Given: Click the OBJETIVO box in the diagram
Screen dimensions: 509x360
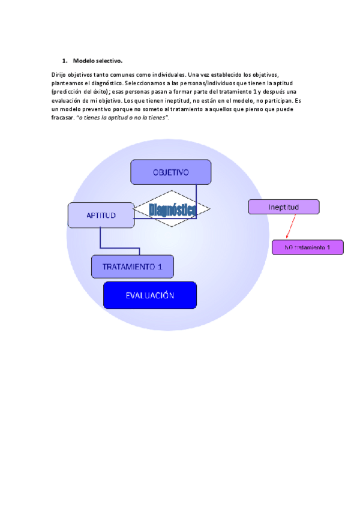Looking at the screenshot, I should (x=170, y=172).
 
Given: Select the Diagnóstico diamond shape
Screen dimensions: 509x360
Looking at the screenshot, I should (x=172, y=209).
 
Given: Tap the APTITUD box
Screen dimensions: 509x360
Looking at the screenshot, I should (x=101, y=215).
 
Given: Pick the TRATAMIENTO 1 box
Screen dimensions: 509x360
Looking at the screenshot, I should (x=132, y=267).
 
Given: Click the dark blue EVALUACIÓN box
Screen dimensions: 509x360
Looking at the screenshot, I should (x=150, y=295).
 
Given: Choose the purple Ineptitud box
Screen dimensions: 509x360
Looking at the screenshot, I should (x=284, y=207).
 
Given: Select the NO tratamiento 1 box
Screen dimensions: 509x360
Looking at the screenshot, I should (x=307, y=247).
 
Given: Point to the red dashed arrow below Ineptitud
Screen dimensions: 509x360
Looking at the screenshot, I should (x=290, y=227).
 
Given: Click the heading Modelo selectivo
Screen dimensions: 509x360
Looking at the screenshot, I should (x=98, y=61).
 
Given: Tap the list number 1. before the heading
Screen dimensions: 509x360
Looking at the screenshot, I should (x=64, y=61).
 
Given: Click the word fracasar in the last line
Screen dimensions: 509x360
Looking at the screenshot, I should (x=62, y=118).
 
